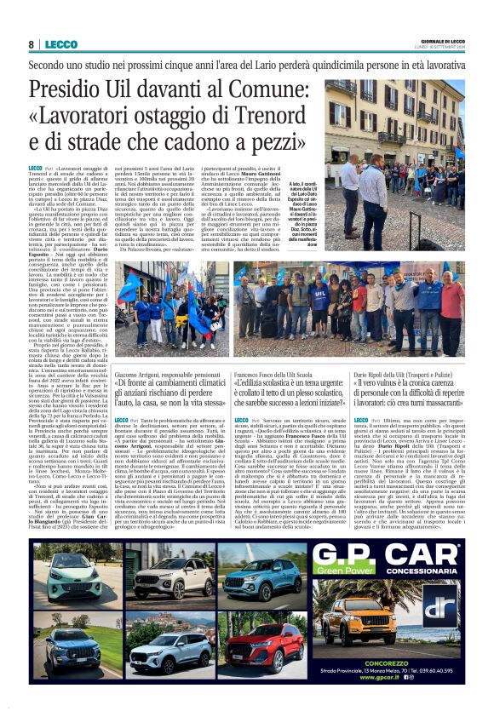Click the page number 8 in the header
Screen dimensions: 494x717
[32, 44]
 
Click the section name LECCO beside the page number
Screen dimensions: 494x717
[60, 44]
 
